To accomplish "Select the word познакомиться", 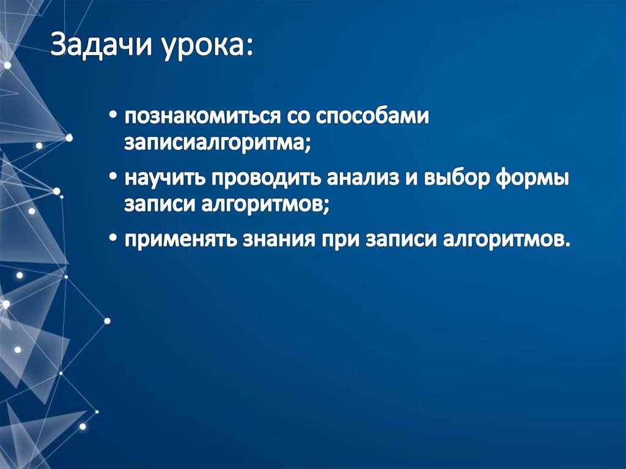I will click(193, 116).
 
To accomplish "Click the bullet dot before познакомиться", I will click(115, 117).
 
